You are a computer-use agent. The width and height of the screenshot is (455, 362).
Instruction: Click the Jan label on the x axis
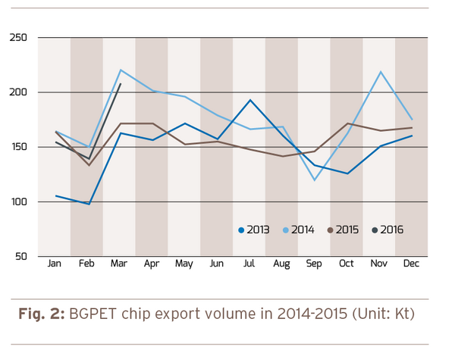point(55,264)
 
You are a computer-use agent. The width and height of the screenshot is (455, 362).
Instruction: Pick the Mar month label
point(119,264)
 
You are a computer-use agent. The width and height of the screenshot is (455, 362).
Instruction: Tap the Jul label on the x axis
point(249,264)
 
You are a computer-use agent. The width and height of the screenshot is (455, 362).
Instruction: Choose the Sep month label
point(314,264)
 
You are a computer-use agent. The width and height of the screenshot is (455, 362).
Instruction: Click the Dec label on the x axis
point(411,264)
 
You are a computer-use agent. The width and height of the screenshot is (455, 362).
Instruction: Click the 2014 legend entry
point(299,229)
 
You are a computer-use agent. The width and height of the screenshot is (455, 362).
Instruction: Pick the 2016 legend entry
point(388,229)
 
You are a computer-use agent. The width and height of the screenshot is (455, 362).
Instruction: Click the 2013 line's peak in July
point(250,100)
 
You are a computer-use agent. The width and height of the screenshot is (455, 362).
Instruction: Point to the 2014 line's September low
point(314,180)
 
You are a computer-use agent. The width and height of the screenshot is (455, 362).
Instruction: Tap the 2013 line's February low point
point(88,204)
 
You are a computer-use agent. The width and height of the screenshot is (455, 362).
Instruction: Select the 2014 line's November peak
point(379,72)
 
